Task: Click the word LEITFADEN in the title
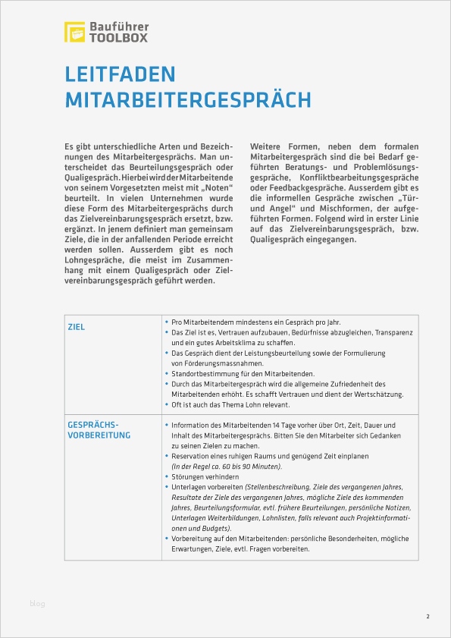[x=120, y=74]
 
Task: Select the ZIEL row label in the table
[x=77, y=327]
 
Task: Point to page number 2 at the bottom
[x=428, y=616]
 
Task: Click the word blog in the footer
[x=37, y=604]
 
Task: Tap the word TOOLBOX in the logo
[x=118, y=37]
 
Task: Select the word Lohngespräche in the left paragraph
[x=93, y=260]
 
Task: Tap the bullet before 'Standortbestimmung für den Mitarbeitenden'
[x=167, y=374]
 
